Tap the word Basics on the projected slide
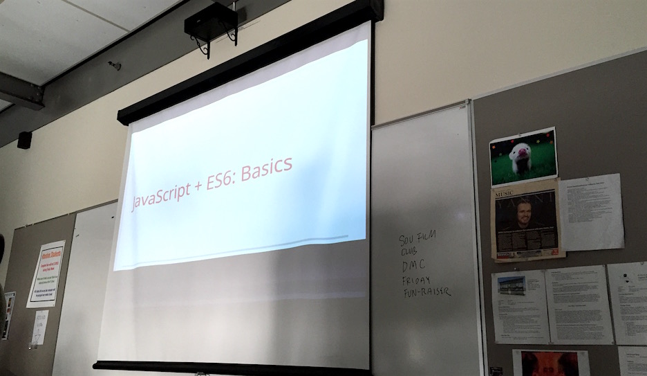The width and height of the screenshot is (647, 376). pyautogui.click(x=265, y=170)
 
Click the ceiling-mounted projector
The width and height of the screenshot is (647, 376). pyautogui.click(x=211, y=24)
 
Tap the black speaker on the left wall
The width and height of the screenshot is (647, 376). pyautogui.click(x=24, y=140)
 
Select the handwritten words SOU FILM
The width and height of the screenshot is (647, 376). pyautogui.click(x=418, y=239)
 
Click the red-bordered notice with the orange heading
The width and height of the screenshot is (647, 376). pyautogui.click(x=46, y=274)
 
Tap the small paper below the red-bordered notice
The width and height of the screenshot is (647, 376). pyautogui.click(x=39, y=327)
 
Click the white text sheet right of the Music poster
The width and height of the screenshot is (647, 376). pyautogui.click(x=590, y=212)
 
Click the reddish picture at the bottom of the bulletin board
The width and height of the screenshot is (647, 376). pyautogui.click(x=550, y=363)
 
